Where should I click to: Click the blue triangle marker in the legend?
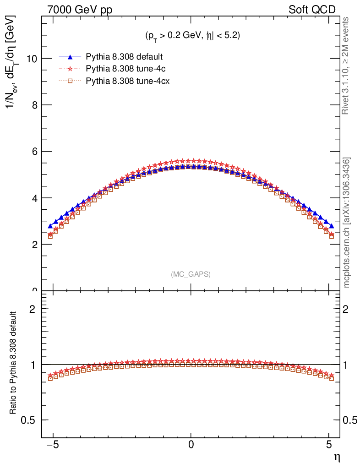click(70, 57)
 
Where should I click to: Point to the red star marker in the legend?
click(70, 69)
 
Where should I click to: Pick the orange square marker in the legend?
click(70, 81)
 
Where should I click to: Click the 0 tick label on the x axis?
click(191, 445)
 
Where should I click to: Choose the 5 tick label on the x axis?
click(329, 445)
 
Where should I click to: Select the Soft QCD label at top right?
click(312, 10)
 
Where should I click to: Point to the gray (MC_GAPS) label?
click(191, 274)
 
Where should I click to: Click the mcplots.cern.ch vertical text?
click(347, 223)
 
